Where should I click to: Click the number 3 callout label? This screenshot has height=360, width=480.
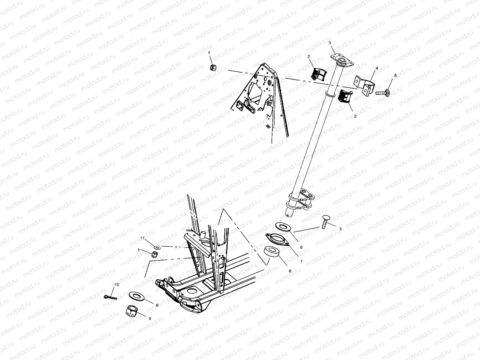[x=330, y=43]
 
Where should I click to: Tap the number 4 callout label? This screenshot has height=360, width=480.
[x=377, y=68]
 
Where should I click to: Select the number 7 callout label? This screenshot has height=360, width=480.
[x=301, y=262]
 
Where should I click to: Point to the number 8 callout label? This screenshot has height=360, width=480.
[x=290, y=271]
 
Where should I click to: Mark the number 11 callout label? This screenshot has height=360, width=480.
[x=143, y=238]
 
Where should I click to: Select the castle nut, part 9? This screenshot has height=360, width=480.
[x=131, y=314]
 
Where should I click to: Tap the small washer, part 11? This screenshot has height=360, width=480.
[x=157, y=247]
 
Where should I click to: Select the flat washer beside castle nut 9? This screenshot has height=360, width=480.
[x=137, y=296]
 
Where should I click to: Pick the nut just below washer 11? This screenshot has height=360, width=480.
[x=154, y=255]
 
